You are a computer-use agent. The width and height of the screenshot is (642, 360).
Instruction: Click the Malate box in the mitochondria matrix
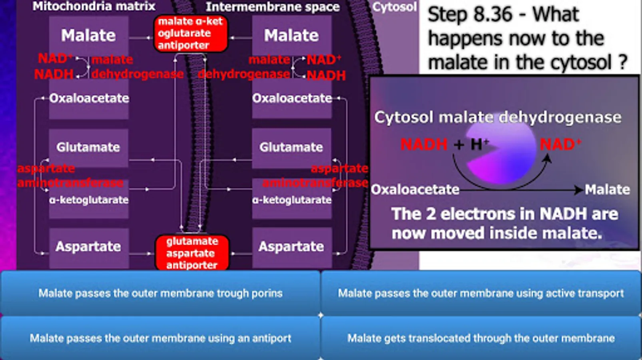(88, 36)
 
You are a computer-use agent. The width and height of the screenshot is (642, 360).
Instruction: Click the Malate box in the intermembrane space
(291, 36)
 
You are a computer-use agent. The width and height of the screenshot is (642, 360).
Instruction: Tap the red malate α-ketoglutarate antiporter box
(190, 34)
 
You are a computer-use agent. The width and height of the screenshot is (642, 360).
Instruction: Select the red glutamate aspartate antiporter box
(192, 253)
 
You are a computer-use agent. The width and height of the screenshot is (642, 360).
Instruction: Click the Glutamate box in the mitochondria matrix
(88, 147)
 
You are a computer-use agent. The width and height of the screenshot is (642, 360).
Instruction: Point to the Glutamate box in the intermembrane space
(291, 147)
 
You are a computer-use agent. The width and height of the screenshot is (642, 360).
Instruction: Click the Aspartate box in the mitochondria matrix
(88, 246)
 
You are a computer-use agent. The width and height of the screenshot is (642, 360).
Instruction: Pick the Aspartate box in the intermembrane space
(291, 246)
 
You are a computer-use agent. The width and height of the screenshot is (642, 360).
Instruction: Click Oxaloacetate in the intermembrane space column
(292, 98)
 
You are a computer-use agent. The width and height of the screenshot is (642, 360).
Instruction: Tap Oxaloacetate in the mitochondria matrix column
(89, 98)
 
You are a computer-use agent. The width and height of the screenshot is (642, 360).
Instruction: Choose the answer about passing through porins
(160, 293)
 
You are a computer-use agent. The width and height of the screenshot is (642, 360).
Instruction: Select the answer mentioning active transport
(481, 293)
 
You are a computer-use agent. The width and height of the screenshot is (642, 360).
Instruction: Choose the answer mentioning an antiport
(160, 338)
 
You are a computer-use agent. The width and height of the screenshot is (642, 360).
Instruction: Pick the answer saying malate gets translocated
(481, 338)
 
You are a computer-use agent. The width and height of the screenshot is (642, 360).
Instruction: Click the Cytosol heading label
(395, 7)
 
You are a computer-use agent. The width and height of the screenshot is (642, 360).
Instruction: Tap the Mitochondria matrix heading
(94, 6)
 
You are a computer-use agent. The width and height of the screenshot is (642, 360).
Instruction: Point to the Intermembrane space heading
(273, 7)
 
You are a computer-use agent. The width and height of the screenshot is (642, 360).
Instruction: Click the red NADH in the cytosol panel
(424, 144)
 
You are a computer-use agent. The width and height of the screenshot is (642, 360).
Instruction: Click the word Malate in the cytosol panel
(607, 190)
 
